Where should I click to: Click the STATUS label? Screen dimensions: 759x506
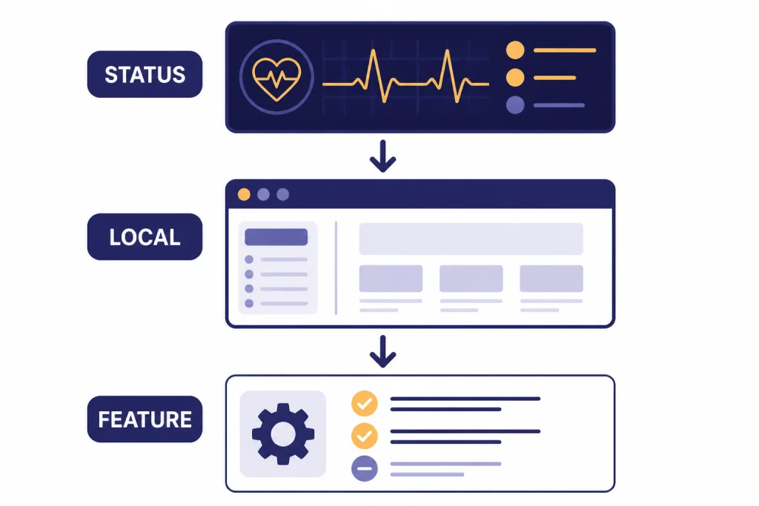(145, 75)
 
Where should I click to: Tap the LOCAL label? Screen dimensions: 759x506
(145, 237)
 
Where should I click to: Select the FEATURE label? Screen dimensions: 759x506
(145, 419)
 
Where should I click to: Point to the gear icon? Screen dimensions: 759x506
(283, 434)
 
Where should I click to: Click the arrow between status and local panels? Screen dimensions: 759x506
(383, 156)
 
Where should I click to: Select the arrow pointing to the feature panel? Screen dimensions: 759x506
(383, 352)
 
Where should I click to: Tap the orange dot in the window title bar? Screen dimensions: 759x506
(244, 194)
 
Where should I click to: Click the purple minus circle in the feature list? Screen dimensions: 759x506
(365, 468)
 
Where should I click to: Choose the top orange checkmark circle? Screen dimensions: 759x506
(365, 404)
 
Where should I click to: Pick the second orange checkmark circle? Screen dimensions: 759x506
(365, 436)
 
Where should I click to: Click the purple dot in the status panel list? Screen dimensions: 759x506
(515, 105)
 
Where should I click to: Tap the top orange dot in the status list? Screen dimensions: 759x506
(515, 50)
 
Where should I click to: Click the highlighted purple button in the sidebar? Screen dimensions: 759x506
(276, 237)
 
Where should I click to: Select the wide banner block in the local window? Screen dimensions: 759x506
(471, 239)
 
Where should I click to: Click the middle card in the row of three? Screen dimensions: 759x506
(471, 279)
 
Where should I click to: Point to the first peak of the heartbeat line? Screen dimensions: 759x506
(374, 50)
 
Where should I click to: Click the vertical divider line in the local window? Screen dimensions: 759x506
(336, 268)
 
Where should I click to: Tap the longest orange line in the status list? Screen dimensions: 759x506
(565, 50)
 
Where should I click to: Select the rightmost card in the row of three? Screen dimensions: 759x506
(551, 279)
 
